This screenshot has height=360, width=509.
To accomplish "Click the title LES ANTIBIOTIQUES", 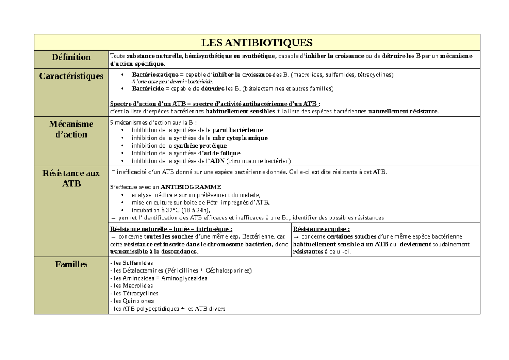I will (257, 43).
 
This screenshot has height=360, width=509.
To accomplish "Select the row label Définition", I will (71, 57).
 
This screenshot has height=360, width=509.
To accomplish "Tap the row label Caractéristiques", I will (71, 76).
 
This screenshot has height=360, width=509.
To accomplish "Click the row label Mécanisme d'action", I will (71, 129).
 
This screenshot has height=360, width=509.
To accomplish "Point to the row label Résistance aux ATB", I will (71, 178).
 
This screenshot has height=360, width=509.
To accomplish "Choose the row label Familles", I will (71, 264).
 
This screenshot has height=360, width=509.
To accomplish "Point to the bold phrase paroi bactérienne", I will (237, 130).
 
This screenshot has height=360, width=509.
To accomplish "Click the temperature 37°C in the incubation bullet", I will (170, 210).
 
